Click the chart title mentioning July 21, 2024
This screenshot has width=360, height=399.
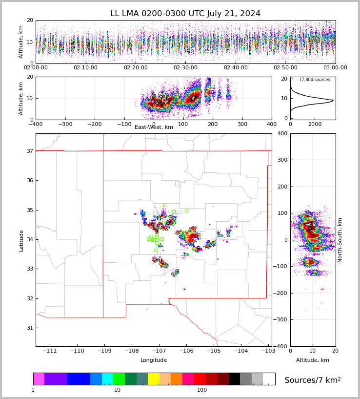point(185,14)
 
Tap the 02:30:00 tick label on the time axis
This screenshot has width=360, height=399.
point(185,68)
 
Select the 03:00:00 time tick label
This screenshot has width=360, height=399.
point(335,68)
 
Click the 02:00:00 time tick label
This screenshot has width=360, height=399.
point(36,68)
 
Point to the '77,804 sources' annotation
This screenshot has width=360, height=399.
point(315,80)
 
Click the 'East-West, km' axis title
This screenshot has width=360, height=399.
point(154,127)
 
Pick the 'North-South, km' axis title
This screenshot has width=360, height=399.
point(340,240)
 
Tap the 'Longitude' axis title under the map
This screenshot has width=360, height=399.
point(154,360)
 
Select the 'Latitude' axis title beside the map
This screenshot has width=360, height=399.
point(21,240)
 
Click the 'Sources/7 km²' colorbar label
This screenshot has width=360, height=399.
point(313,380)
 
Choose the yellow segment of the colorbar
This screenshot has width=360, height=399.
point(154,379)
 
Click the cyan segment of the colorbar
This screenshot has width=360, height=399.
point(107,379)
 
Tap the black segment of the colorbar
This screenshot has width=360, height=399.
point(234,379)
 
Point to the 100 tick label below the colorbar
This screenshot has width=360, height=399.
point(202,390)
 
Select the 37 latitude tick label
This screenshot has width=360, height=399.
point(29,151)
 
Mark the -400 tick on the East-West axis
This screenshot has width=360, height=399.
point(36,125)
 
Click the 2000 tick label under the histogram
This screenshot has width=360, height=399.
point(315,125)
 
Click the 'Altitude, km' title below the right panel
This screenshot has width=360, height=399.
point(313,360)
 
